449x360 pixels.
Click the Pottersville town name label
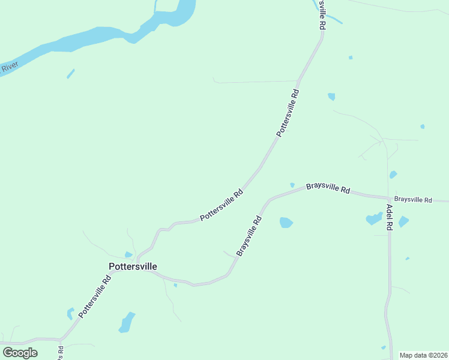(x=133, y=266)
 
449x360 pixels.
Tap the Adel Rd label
(x=389, y=217)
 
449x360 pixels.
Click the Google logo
(x=20, y=353)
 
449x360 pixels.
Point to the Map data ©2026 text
(x=423, y=355)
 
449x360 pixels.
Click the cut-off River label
(x=8, y=67)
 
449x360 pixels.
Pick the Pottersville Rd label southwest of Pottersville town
(x=95, y=296)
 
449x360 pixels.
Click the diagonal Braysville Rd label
(x=249, y=236)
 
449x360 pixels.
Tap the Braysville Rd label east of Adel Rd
(x=413, y=199)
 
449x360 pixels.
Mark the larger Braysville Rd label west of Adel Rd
(x=328, y=188)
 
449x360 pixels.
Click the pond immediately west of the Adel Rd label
(x=374, y=219)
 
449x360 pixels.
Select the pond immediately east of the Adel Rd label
(x=403, y=221)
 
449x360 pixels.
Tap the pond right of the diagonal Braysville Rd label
(x=286, y=223)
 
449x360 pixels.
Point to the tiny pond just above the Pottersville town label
(x=128, y=254)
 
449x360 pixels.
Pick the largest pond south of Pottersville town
(x=127, y=322)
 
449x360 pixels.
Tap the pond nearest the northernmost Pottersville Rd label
(x=331, y=96)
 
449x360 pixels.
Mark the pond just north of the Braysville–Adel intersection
(x=393, y=175)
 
